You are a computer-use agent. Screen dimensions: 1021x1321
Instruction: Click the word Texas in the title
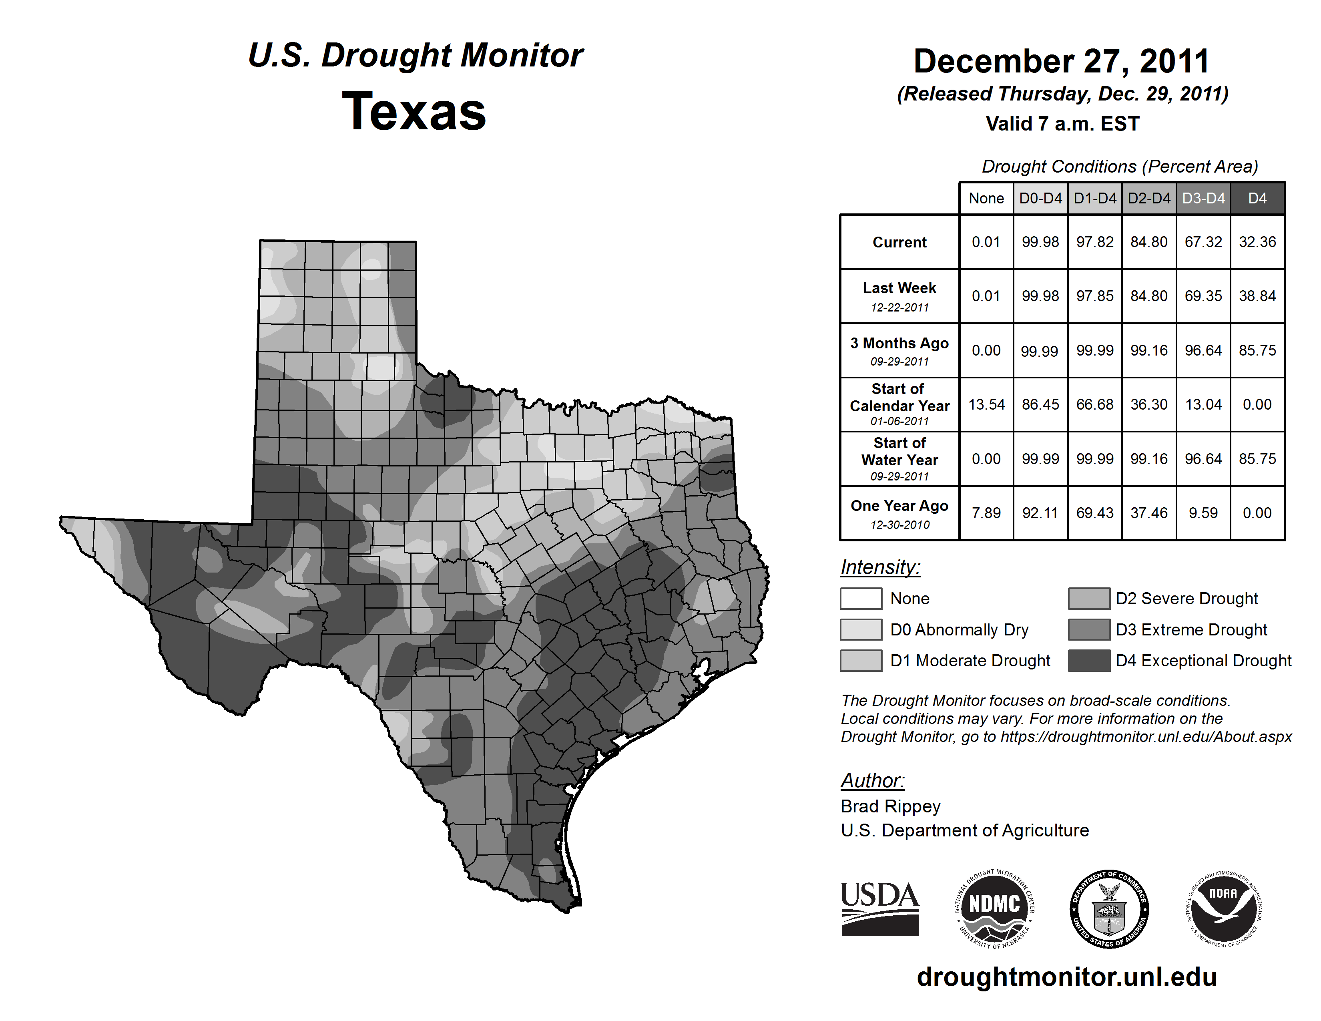(x=414, y=111)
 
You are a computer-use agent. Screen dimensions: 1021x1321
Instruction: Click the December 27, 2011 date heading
(x=1062, y=61)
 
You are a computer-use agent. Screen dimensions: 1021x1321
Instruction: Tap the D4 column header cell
(x=1257, y=198)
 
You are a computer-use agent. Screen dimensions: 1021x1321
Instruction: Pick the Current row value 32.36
(x=1257, y=242)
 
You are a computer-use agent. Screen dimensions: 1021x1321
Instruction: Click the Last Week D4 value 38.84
(x=1257, y=296)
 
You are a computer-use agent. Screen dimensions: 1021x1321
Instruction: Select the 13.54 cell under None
(x=986, y=404)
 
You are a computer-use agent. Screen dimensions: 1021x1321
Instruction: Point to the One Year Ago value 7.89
(x=986, y=513)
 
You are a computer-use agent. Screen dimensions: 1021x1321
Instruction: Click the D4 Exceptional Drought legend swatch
(x=1089, y=661)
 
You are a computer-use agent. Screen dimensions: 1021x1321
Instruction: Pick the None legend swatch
(x=861, y=598)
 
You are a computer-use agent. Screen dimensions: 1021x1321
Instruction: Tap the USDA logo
(x=879, y=908)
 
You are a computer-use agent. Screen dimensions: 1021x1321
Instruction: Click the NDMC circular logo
(x=994, y=908)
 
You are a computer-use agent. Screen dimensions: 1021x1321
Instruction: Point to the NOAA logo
(x=1223, y=908)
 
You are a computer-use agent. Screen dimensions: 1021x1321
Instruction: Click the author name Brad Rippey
(x=890, y=806)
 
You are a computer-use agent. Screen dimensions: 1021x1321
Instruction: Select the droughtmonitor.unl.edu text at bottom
(x=1066, y=977)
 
